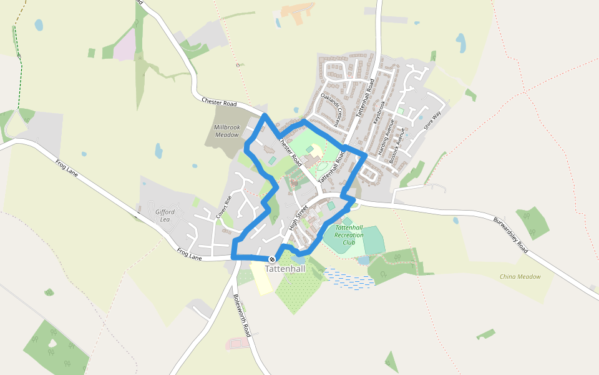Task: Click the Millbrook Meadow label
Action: coord(226,131)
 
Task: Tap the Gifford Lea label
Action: coord(165,216)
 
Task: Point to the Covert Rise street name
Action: coord(224,207)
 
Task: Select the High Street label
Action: coord(299,216)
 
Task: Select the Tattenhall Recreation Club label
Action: coord(349,234)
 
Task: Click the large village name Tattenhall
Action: coord(285,269)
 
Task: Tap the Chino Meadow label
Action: coord(520,276)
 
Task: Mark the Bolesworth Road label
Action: coord(241,315)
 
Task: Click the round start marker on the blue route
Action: coord(272,259)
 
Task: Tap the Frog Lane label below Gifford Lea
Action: coord(191,253)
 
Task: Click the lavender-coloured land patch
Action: coord(125,46)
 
